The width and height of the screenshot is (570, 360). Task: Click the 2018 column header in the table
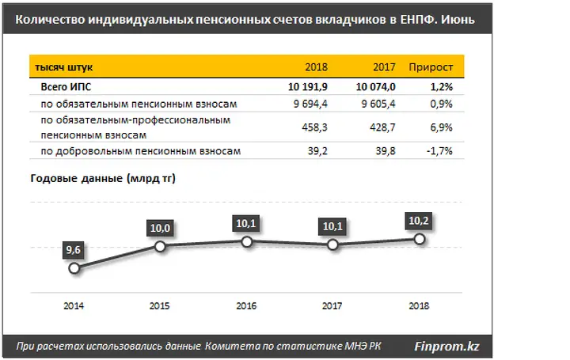[x=316, y=66]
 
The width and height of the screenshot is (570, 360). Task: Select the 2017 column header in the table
[x=382, y=66]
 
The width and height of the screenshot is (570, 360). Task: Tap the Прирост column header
[x=431, y=66]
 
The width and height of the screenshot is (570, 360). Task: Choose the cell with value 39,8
[x=384, y=150]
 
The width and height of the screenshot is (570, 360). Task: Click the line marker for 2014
[x=74, y=268]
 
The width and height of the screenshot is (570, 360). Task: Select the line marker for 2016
[x=246, y=242]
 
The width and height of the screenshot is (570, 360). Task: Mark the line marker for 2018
[x=420, y=239]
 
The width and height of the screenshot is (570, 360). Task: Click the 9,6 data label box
[x=74, y=249]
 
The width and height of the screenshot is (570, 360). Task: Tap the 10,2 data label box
[x=420, y=219]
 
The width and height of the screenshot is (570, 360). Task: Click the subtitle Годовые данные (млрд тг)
[x=103, y=179]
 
